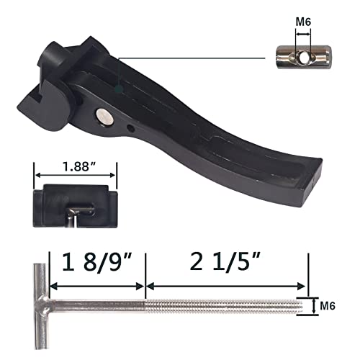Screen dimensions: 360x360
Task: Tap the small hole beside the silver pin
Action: [x=130, y=127]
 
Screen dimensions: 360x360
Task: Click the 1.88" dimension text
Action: [x=76, y=165]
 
